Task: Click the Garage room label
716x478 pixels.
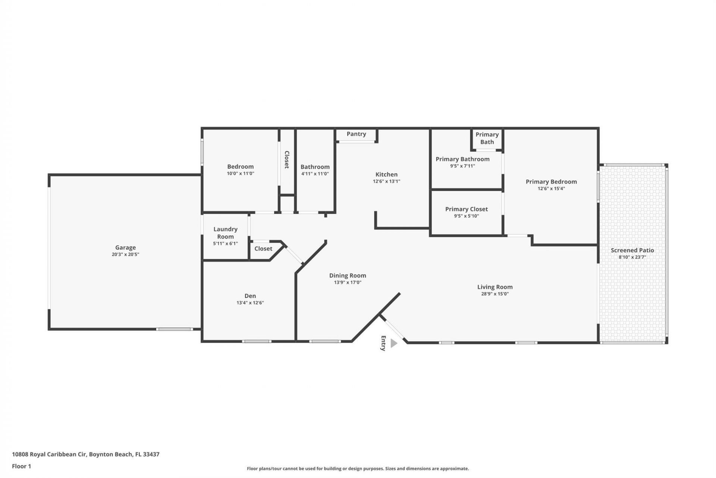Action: click(125, 247)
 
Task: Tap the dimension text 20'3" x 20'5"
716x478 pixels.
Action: click(125, 254)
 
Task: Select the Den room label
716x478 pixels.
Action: click(250, 296)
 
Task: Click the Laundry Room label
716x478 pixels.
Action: click(225, 233)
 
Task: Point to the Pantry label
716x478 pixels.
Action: click(356, 134)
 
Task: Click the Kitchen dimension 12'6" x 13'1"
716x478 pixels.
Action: click(386, 181)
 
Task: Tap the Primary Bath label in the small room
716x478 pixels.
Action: click(487, 138)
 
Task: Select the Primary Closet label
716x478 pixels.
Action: click(466, 209)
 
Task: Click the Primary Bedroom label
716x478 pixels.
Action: click(551, 181)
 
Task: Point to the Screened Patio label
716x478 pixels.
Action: click(632, 250)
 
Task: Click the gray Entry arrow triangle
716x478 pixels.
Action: click(393, 343)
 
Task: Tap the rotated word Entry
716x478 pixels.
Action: click(383, 343)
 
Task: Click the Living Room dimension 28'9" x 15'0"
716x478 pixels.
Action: click(494, 294)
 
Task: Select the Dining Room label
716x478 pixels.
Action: click(347, 275)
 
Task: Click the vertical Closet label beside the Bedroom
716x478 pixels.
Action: click(287, 159)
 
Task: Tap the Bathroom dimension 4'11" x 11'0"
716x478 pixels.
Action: click(315, 174)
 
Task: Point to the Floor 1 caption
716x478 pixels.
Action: click(21, 466)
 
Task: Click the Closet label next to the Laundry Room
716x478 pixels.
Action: click(263, 249)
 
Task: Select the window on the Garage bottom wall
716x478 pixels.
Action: click(174, 329)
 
